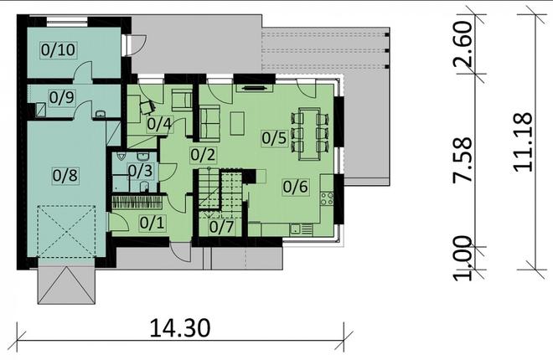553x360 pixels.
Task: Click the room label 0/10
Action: [58, 50]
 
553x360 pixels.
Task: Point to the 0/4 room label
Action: [159, 125]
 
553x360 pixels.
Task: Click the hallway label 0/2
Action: [203, 154]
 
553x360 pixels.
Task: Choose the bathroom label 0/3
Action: [140, 171]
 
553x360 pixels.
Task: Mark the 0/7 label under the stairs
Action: [221, 226]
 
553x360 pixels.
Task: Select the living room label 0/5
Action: [274, 137]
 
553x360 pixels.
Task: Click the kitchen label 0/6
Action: [295, 188]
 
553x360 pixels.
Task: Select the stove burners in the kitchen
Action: [327, 199]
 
